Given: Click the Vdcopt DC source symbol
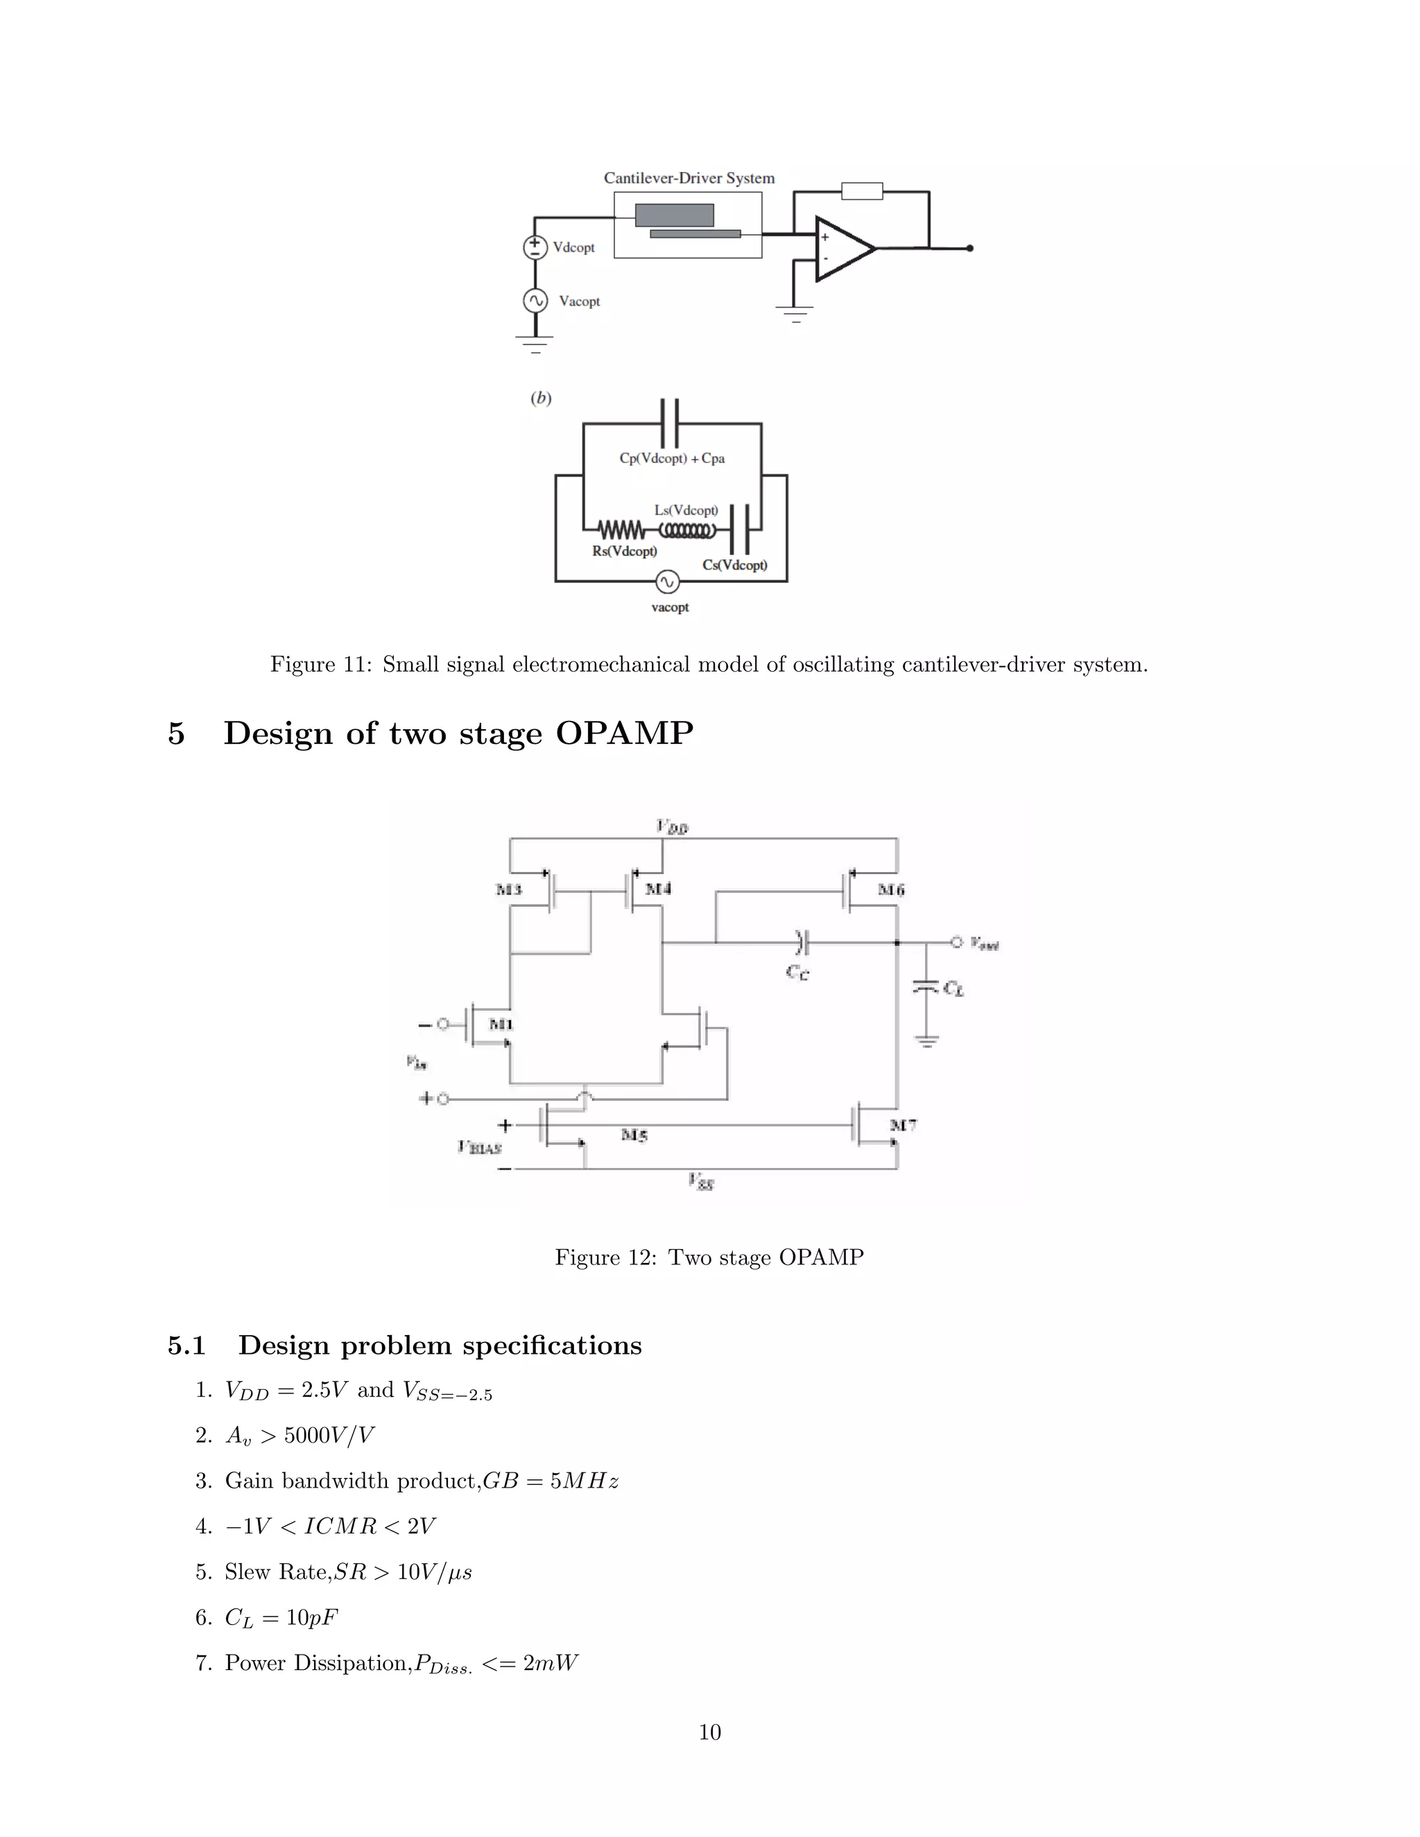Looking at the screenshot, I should pyautogui.click(x=535, y=247).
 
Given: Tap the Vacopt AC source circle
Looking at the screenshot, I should pyautogui.click(x=535, y=300).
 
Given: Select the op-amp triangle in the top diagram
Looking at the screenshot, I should pyautogui.click(x=842, y=248).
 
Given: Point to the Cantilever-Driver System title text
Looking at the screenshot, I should pyautogui.click(x=689, y=178).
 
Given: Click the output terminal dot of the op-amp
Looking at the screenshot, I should pyautogui.click(x=970, y=248).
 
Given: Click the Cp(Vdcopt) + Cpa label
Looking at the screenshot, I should pyautogui.click(x=671, y=458).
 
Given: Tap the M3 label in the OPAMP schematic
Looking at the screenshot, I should pyautogui.click(x=509, y=889).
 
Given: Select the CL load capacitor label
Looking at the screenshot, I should pyautogui.click(x=953, y=989).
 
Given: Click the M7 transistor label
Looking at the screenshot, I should pyautogui.click(x=903, y=1124).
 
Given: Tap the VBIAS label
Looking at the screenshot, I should pyautogui.click(x=480, y=1147).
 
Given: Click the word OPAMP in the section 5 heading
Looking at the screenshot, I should pyautogui.click(x=624, y=733).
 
